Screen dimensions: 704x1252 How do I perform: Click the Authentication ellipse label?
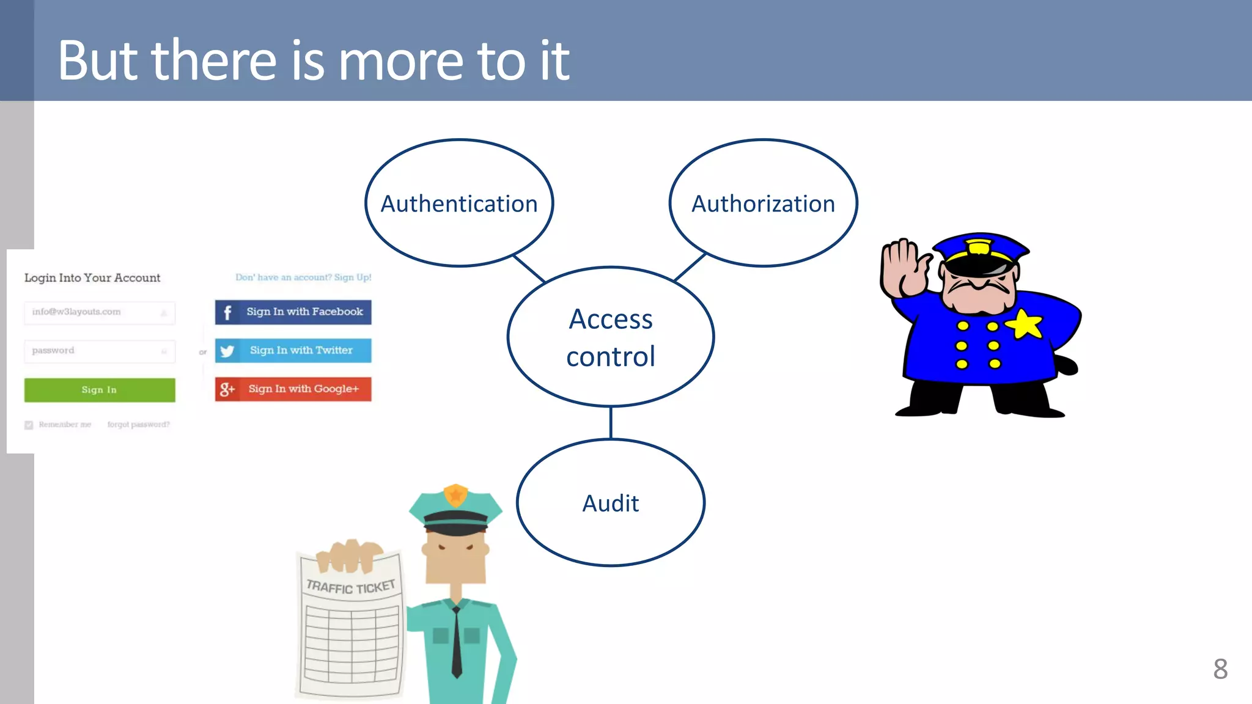459,204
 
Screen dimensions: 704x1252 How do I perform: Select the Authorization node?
763,204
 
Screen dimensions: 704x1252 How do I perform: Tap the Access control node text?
611,337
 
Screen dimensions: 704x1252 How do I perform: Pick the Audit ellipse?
611,503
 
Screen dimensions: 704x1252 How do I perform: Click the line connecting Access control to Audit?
611,422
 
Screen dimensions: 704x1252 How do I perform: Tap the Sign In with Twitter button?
293,350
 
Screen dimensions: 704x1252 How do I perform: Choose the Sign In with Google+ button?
293,389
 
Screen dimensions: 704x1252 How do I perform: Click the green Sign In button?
100,390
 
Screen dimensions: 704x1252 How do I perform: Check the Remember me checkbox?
29,425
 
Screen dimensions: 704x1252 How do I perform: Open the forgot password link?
138,424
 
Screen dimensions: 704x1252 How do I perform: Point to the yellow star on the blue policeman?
1026,324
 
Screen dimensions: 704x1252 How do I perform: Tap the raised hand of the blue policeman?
902,269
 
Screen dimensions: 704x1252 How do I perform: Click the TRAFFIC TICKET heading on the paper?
351,587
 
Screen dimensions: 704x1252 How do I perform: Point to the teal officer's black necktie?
457,642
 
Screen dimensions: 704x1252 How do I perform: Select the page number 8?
1220,669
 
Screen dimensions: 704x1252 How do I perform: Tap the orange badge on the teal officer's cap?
456,494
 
